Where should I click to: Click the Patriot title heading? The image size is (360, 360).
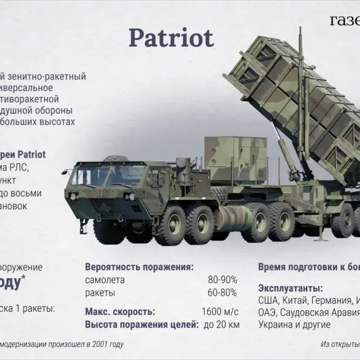point(170,38)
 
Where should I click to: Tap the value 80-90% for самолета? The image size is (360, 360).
point(222,279)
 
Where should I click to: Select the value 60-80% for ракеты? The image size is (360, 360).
point(222,292)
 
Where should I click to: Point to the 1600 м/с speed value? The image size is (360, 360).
point(219,311)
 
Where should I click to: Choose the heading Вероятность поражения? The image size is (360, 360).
point(139,267)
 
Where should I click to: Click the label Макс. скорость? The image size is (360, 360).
point(120,311)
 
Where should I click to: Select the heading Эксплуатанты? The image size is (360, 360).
point(290,288)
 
